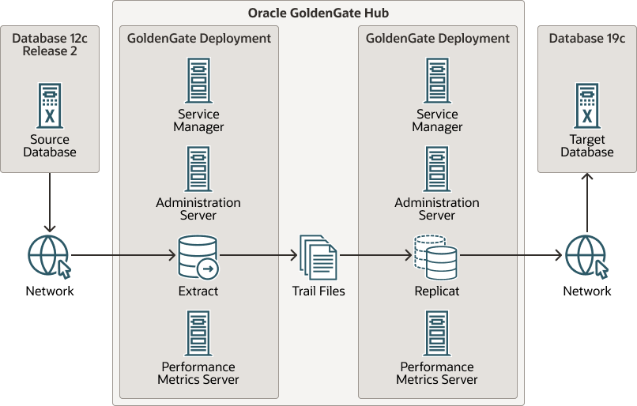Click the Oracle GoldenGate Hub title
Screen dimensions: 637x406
pyautogui.click(x=318, y=13)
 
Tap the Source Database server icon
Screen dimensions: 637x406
pyautogui.click(x=50, y=106)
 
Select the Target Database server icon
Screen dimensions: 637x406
pyautogui.click(x=587, y=106)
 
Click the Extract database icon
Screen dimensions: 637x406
pyautogui.click(x=198, y=257)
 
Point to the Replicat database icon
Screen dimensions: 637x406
pyautogui.click(x=435, y=257)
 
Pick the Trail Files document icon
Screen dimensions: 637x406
pyautogui.click(x=318, y=257)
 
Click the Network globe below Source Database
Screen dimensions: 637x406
pyautogui.click(x=50, y=257)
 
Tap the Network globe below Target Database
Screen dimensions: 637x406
pyautogui.click(x=587, y=257)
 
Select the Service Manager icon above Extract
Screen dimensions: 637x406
pyautogui.click(x=198, y=81)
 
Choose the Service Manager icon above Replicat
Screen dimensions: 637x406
pyautogui.click(x=437, y=81)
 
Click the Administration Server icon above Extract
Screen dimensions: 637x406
pyautogui.click(x=198, y=169)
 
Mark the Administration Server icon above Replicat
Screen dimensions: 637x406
pyautogui.click(x=437, y=169)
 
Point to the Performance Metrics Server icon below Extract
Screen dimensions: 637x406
pyautogui.click(x=198, y=333)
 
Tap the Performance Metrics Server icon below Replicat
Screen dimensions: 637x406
pyautogui.click(x=437, y=333)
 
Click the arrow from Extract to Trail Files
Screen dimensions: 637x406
pyautogui.click(x=258, y=255)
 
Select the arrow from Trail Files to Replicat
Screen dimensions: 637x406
pyautogui.click(x=375, y=255)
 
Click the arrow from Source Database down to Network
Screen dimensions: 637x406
pyautogui.click(x=50, y=202)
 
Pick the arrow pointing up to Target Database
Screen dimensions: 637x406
pyautogui.click(x=587, y=202)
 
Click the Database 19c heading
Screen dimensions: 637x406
pyautogui.click(x=587, y=38)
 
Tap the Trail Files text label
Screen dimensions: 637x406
pyautogui.click(x=318, y=291)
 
